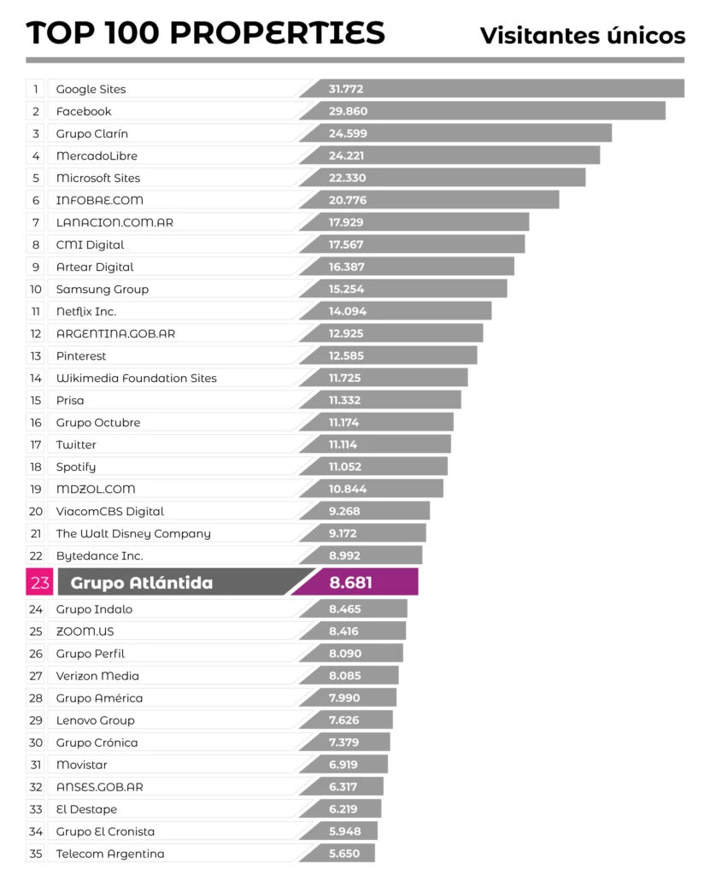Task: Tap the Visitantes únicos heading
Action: click(x=582, y=35)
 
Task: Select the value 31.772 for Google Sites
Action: click(x=347, y=89)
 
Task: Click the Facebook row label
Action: click(x=84, y=111)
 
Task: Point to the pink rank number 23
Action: click(x=39, y=583)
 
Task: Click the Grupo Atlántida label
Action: click(x=141, y=583)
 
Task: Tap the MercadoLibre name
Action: click(x=97, y=156)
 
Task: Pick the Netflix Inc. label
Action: click(x=86, y=311)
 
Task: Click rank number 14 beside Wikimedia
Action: click(x=36, y=378)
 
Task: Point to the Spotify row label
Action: click(x=76, y=467)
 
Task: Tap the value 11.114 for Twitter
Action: click(x=343, y=444)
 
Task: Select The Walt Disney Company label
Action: click(x=133, y=533)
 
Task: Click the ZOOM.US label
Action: click(x=85, y=631)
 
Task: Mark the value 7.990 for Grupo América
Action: click(x=344, y=698)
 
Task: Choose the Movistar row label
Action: click(x=82, y=765)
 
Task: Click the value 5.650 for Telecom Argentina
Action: click(x=344, y=854)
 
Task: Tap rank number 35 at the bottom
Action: click(x=36, y=854)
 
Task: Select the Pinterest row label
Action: click(x=81, y=355)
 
